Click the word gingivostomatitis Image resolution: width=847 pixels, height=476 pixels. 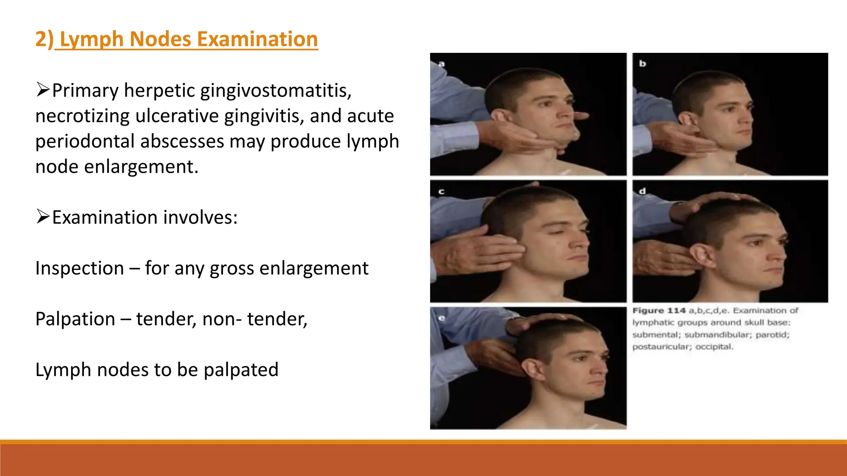point(276,91)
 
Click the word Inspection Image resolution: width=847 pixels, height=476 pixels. point(79,269)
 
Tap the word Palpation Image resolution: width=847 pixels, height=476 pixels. point(75,319)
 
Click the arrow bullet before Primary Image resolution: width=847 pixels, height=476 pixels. point(43,90)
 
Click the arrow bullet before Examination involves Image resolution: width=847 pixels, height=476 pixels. point(43,217)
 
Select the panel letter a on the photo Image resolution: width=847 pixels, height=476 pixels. point(441,64)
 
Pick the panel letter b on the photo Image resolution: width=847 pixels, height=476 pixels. point(642,64)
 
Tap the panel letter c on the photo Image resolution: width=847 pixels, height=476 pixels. point(441,191)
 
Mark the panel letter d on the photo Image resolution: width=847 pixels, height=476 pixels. point(642,191)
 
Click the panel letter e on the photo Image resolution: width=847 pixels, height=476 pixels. point(441,318)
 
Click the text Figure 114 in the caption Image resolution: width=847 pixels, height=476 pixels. point(659,311)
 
